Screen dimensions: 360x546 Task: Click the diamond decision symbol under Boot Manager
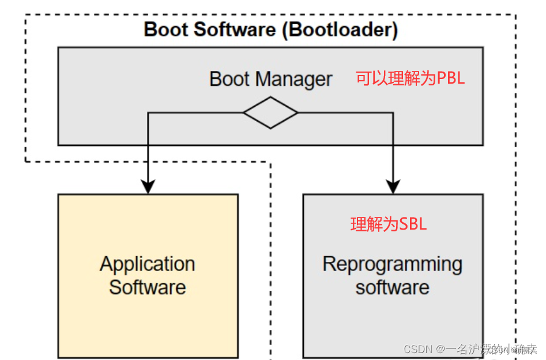pyautogui.click(x=270, y=112)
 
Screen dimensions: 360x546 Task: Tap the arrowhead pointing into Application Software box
pyautogui.click(x=148, y=186)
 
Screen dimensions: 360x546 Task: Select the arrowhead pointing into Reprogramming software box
pyautogui.click(x=393, y=186)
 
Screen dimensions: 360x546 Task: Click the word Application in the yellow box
pyautogui.click(x=148, y=264)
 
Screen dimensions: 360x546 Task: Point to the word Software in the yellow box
pyautogui.click(x=148, y=287)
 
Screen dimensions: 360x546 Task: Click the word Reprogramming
pyautogui.click(x=392, y=264)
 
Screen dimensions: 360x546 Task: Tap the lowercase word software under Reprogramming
pyautogui.click(x=392, y=287)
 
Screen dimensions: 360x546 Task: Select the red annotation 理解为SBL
pyautogui.click(x=389, y=224)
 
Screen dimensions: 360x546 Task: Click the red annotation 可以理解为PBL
pyautogui.click(x=410, y=78)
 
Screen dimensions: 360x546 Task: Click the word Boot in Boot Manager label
pyautogui.click(x=229, y=79)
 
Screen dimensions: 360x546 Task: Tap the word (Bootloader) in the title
pyautogui.click(x=340, y=29)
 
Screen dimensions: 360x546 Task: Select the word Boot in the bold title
pyautogui.click(x=166, y=29)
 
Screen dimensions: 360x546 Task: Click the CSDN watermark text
pyautogui.click(x=418, y=349)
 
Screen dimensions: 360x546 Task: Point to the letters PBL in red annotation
pyautogui.click(x=450, y=78)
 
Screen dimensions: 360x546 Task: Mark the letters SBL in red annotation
pyautogui.click(x=413, y=224)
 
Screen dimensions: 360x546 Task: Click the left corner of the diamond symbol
pyautogui.click(x=244, y=112)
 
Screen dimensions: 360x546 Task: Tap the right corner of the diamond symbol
pyautogui.click(x=297, y=112)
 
